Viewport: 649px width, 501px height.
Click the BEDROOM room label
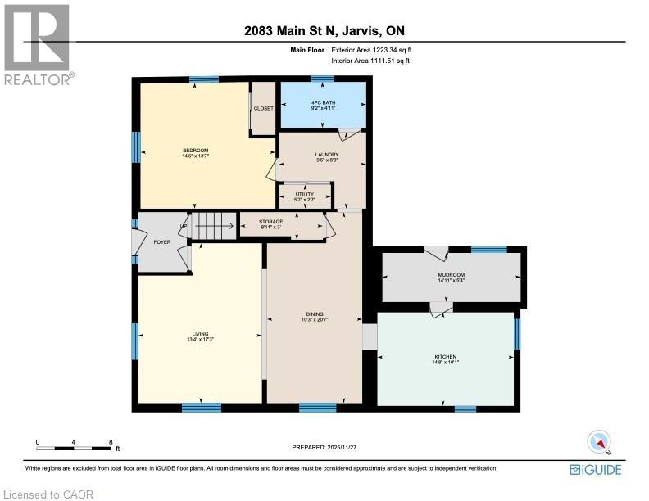click(x=195, y=150)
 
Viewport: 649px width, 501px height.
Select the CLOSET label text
click(x=263, y=108)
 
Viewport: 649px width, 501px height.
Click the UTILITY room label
click(x=305, y=193)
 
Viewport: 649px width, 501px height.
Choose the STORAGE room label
click(x=271, y=222)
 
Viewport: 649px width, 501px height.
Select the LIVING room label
click(x=200, y=333)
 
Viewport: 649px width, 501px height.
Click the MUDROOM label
click(x=451, y=275)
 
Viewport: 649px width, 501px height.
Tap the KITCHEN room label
click(x=446, y=357)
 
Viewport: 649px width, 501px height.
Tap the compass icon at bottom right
click(x=600, y=442)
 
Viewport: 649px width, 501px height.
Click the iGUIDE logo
click(x=596, y=469)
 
